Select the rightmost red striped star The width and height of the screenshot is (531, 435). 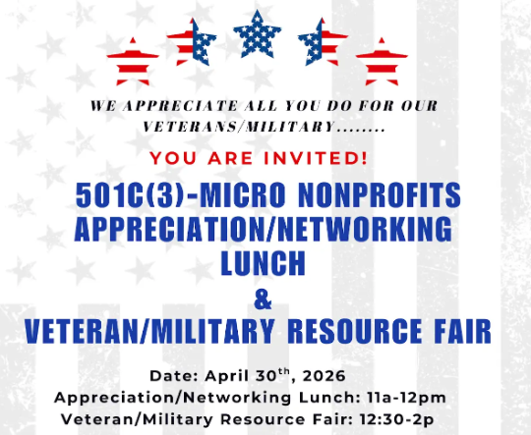click(x=382, y=60)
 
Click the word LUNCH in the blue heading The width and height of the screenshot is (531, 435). click(x=263, y=263)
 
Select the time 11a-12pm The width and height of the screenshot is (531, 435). click(x=403, y=398)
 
